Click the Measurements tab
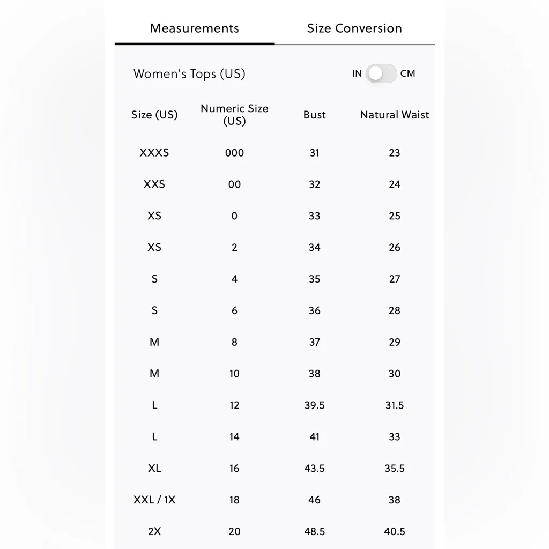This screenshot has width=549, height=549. [194, 28]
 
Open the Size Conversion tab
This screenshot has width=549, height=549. [354, 28]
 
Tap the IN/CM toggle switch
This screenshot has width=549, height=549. [381, 73]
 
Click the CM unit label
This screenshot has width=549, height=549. [407, 73]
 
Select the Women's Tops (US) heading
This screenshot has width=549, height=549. [189, 74]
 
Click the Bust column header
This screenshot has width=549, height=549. [314, 115]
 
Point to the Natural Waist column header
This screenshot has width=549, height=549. [395, 115]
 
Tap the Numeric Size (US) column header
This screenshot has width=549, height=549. [234, 115]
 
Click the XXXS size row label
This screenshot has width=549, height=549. [154, 153]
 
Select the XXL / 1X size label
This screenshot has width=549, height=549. [154, 500]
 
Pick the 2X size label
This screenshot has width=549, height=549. [154, 531]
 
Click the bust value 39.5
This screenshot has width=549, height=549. [314, 405]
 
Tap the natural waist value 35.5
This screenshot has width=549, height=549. [395, 468]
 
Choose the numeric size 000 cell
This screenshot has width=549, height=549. [234, 153]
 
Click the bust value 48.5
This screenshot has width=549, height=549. [314, 531]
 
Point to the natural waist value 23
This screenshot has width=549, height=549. [395, 153]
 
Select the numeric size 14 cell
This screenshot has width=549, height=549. [234, 437]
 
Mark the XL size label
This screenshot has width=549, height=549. [154, 468]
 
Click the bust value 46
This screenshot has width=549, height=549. [314, 500]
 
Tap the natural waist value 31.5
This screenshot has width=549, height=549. [395, 405]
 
